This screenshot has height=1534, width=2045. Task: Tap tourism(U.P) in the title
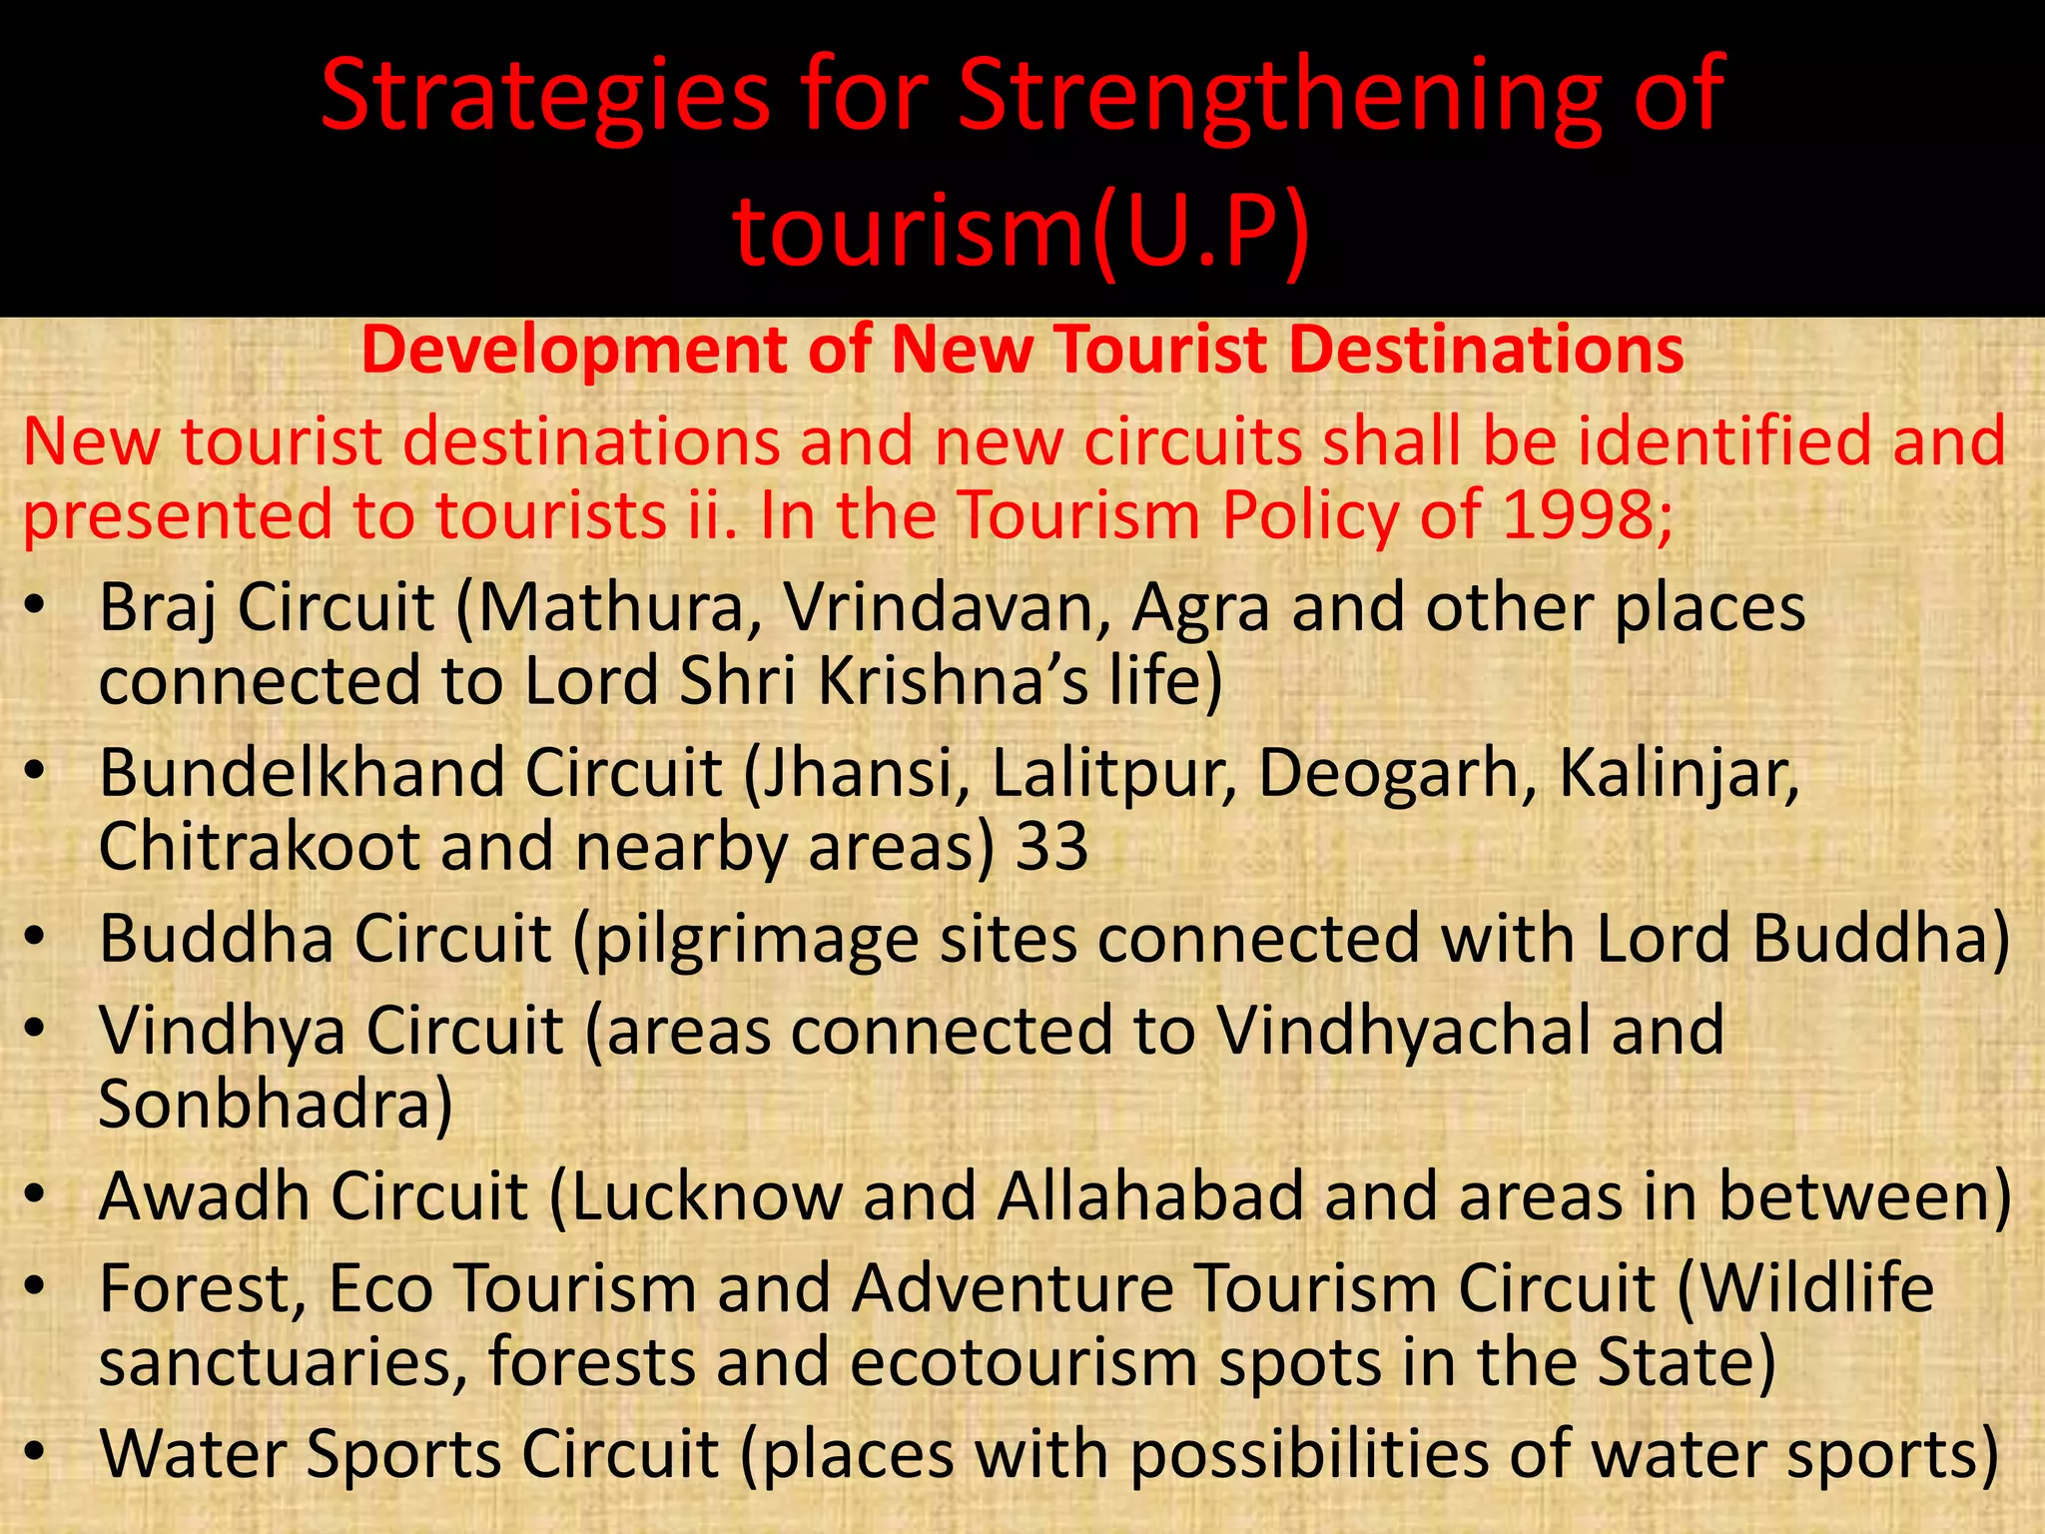point(1021,232)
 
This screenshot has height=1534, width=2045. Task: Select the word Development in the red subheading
point(574,351)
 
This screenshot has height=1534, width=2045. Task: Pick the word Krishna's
point(953,681)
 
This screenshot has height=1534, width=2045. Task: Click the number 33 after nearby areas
point(1051,847)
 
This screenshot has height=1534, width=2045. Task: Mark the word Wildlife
point(1816,1287)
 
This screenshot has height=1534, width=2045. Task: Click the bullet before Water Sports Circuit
point(35,1452)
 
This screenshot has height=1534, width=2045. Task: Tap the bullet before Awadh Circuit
point(35,1195)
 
